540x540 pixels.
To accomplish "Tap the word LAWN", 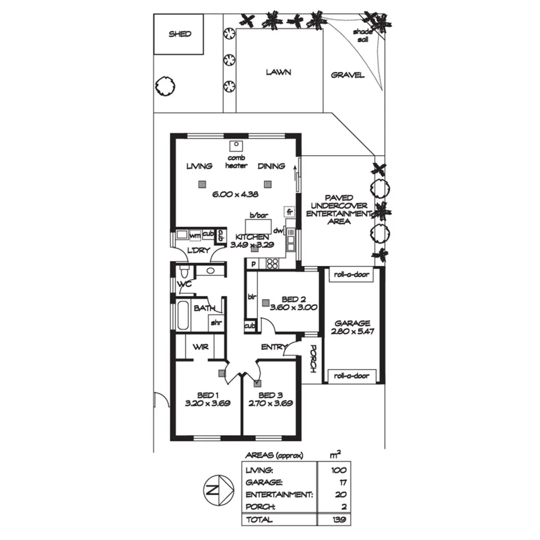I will pos(278,72).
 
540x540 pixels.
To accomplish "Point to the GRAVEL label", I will pos(348,75).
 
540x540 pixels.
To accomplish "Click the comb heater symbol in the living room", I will pos(236,146).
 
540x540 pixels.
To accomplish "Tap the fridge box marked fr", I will pos(289,212).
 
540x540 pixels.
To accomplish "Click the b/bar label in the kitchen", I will pos(259,215).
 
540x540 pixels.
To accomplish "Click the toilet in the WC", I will pos(184,271).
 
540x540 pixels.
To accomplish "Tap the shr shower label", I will pos(216,322).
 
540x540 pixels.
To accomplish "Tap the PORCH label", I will pos(312,359).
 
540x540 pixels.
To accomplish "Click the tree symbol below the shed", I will pos(165,87).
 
